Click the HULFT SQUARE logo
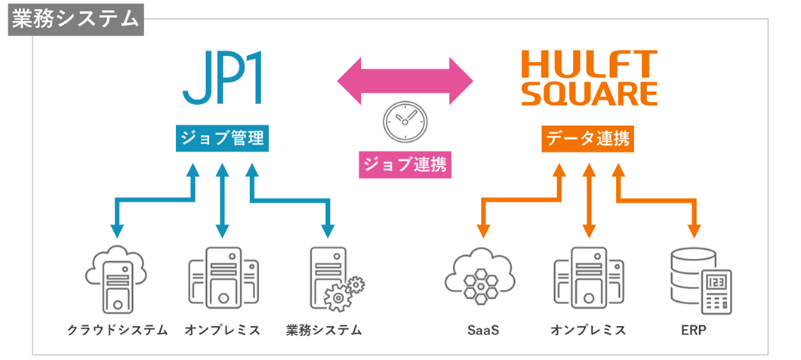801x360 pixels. point(590,78)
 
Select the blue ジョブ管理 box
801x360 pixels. point(221,138)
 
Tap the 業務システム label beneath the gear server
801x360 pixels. point(325,331)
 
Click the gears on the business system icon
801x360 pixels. point(344,293)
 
